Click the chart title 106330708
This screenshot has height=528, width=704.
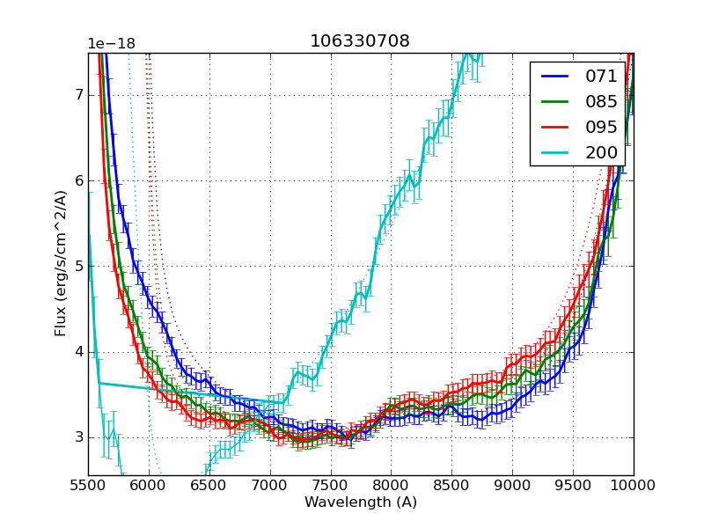click(x=360, y=41)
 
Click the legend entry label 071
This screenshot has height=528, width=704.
click(x=602, y=76)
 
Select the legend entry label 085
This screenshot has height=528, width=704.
click(x=602, y=101)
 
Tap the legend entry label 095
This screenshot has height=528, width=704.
click(x=602, y=127)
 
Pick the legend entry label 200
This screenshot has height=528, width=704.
click(x=602, y=152)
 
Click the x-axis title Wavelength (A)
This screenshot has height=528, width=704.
click(x=361, y=502)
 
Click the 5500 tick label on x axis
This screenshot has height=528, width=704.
click(x=88, y=486)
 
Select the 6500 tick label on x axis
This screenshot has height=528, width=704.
click(x=209, y=486)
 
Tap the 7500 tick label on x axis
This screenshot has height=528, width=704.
click(x=331, y=486)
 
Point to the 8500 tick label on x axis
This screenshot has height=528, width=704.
click(x=451, y=486)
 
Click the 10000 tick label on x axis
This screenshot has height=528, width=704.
click(x=634, y=486)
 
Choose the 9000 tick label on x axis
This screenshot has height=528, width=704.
click(x=512, y=486)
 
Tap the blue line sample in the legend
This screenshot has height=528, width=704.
click(x=554, y=76)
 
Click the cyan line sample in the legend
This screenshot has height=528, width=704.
click(x=554, y=152)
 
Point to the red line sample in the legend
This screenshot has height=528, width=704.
click(x=554, y=127)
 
